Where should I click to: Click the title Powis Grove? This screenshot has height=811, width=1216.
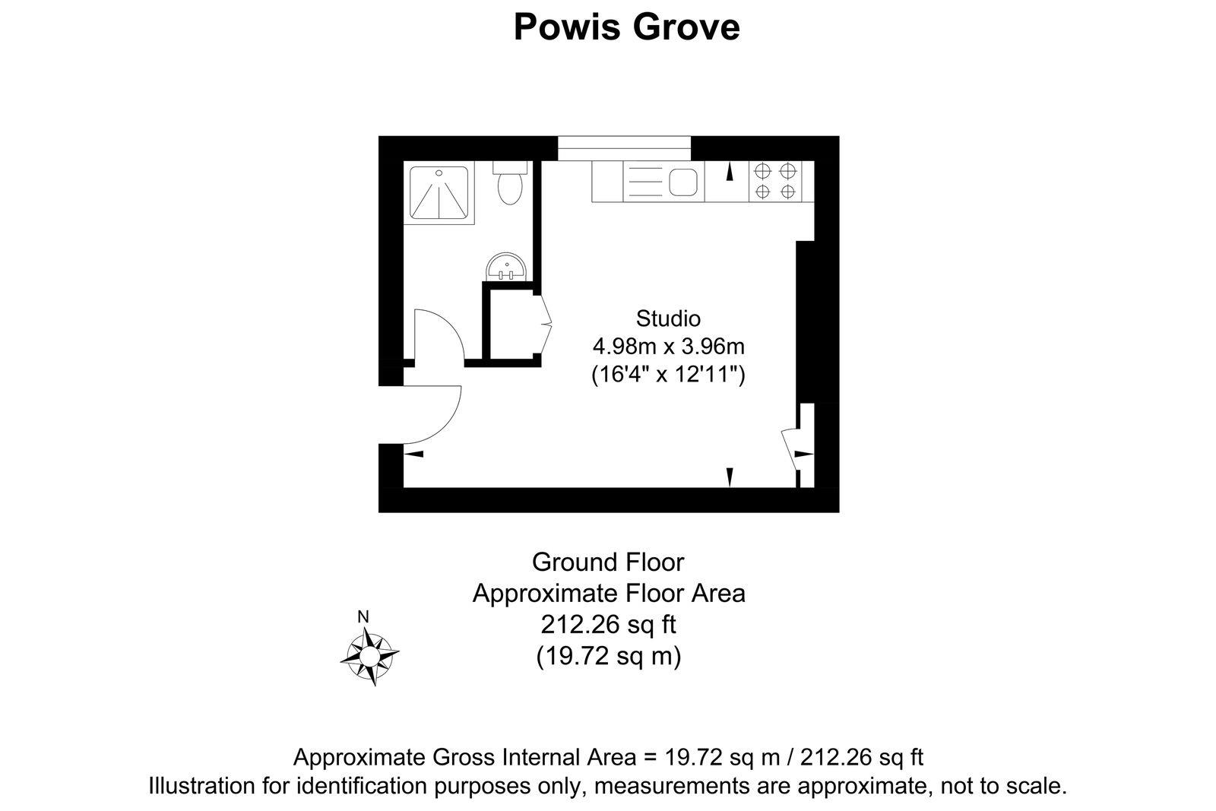(626, 27)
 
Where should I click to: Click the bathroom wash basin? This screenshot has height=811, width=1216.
(506, 268)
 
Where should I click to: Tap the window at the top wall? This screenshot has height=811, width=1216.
(625, 147)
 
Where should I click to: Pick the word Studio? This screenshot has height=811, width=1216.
(668, 318)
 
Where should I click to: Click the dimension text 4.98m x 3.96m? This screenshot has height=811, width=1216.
(668, 347)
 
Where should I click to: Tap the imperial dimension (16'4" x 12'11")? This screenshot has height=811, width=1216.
(668, 375)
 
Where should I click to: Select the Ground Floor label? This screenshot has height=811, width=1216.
(608, 562)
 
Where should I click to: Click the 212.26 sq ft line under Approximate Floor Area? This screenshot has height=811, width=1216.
(608, 624)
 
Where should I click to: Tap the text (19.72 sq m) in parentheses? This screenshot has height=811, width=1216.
(608, 654)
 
